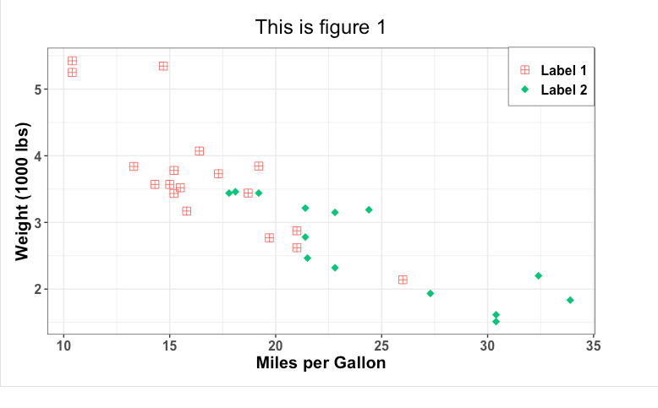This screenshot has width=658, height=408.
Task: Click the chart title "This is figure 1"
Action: click(x=321, y=28)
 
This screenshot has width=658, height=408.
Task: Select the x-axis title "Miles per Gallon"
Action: click(x=321, y=363)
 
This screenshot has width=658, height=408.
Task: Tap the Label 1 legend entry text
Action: click(x=562, y=71)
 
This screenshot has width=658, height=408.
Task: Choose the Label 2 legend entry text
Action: click(x=562, y=90)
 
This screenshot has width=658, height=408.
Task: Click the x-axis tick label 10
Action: click(x=63, y=345)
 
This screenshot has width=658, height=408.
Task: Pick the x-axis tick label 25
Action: click(x=381, y=345)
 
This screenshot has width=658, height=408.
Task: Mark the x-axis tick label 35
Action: click(x=593, y=345)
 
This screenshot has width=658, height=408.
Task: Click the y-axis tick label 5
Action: click(x=40, y=89)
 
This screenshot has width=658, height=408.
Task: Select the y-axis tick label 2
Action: click(x=40, y=289)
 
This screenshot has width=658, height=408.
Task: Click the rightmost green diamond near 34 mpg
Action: click(x=570, y=300)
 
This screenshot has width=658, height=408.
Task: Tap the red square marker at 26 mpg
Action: click(x=403, y=280)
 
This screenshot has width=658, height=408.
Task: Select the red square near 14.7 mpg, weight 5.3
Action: click(x=163, y=66)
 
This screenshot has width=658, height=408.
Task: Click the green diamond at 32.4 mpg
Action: click(x=538, y=276)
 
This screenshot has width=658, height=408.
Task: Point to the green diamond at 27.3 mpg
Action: click(x=430, y=293)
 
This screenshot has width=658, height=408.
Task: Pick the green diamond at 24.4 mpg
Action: click(x=369, y=209)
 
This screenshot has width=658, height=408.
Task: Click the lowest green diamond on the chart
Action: click(x=496, y=321)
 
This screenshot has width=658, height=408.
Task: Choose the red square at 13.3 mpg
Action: click(x=134, y=166)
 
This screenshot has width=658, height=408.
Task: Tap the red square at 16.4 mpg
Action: click(x=200, y=151)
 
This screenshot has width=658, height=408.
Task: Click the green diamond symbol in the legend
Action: click(x=524, y=90)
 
